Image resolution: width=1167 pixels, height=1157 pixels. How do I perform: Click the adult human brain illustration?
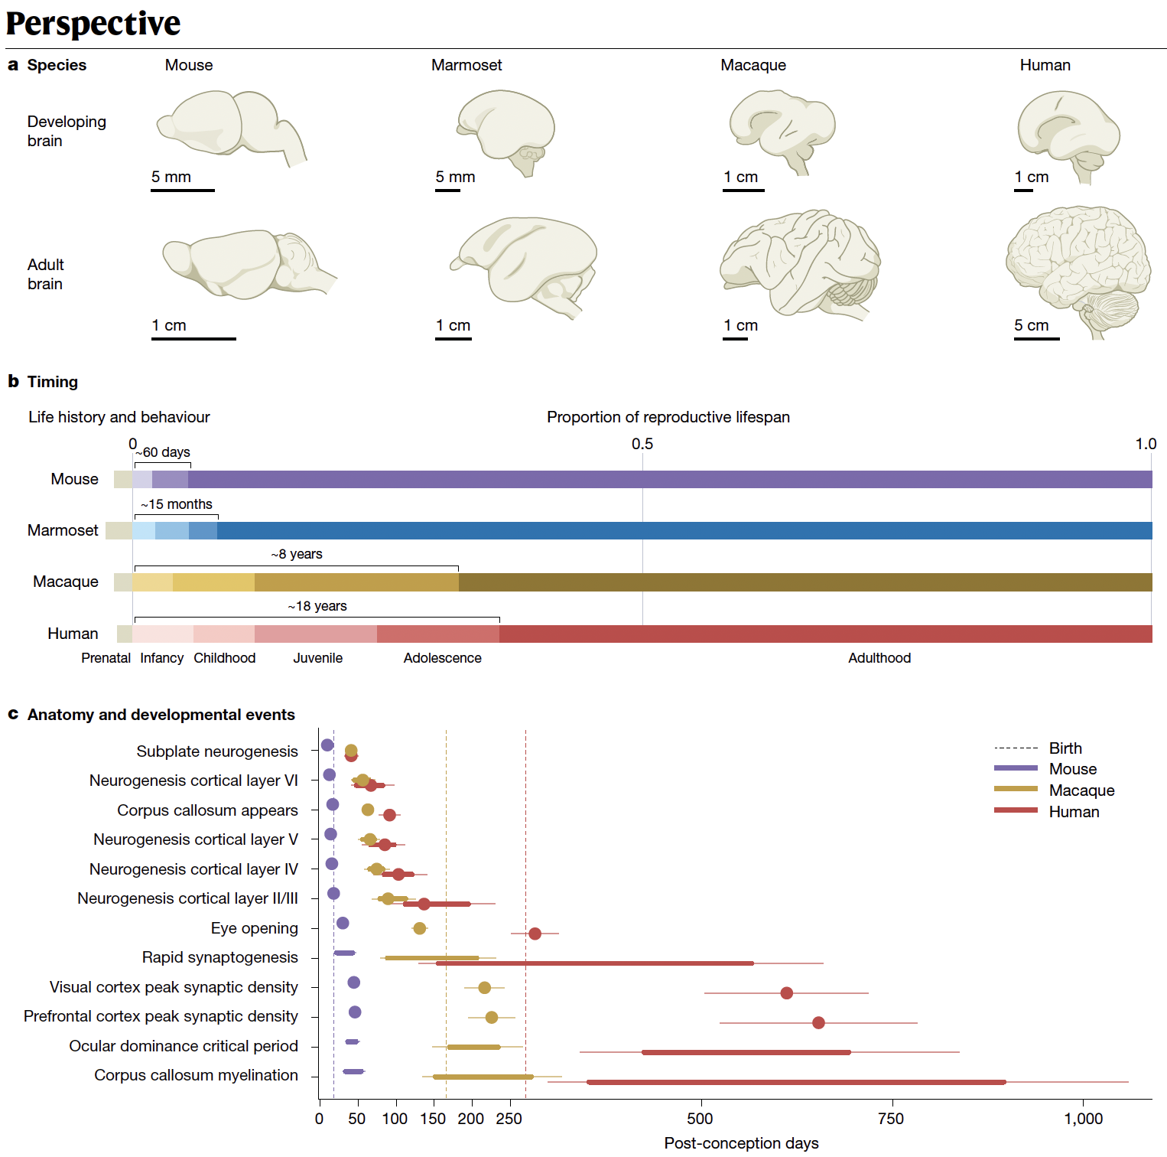pyautogui.click(x=1078, y=268)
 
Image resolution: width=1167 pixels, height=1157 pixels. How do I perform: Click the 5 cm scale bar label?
pyautogui.click(x=1031, y=325)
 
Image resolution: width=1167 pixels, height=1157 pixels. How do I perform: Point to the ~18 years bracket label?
pyautogui.click(x=317, y=606)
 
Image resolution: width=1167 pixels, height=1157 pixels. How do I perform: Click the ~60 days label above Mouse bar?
pyautogui.click(x=163, y=452)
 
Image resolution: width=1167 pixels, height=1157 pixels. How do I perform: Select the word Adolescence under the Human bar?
pyautogui.click(x=442, y=658)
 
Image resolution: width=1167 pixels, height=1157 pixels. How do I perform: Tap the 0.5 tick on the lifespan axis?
pyautogui.click(x=642, y=444)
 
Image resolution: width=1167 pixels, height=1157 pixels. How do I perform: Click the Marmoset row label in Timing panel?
pyautogui.click(x=63, y=530)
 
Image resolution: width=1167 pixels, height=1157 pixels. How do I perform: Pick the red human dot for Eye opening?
pyautogui.click(x=535, y=934)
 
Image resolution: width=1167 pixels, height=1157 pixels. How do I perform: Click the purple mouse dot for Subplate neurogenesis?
pyautogui.click(x=327, y=745)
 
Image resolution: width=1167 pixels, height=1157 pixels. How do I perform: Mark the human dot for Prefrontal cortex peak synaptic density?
pyautogui.click(x=818, y=1022)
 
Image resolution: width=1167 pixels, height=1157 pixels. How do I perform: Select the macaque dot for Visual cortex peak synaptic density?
pyautogui.click(x=484, y=988)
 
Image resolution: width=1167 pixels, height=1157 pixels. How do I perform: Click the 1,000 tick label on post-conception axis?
pyautogui.click(x=1083, y=1119)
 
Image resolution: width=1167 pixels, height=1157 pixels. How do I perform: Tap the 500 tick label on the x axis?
pyautogui.click(x=700, y=1119)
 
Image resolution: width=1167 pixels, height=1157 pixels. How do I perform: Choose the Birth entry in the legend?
pyautogui.click(x=1065, y=748)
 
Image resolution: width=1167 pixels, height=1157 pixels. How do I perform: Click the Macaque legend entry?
pyautogui.click(x=1081, y=790)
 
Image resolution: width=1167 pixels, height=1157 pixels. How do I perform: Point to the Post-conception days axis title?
pyautogui.click(x=741, y=1143)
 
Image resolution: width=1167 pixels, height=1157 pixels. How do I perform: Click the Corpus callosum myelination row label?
pyautogui.click(x=196, y=1075)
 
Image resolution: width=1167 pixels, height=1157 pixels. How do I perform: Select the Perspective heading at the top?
pyautogui.click(x=93, y=24)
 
